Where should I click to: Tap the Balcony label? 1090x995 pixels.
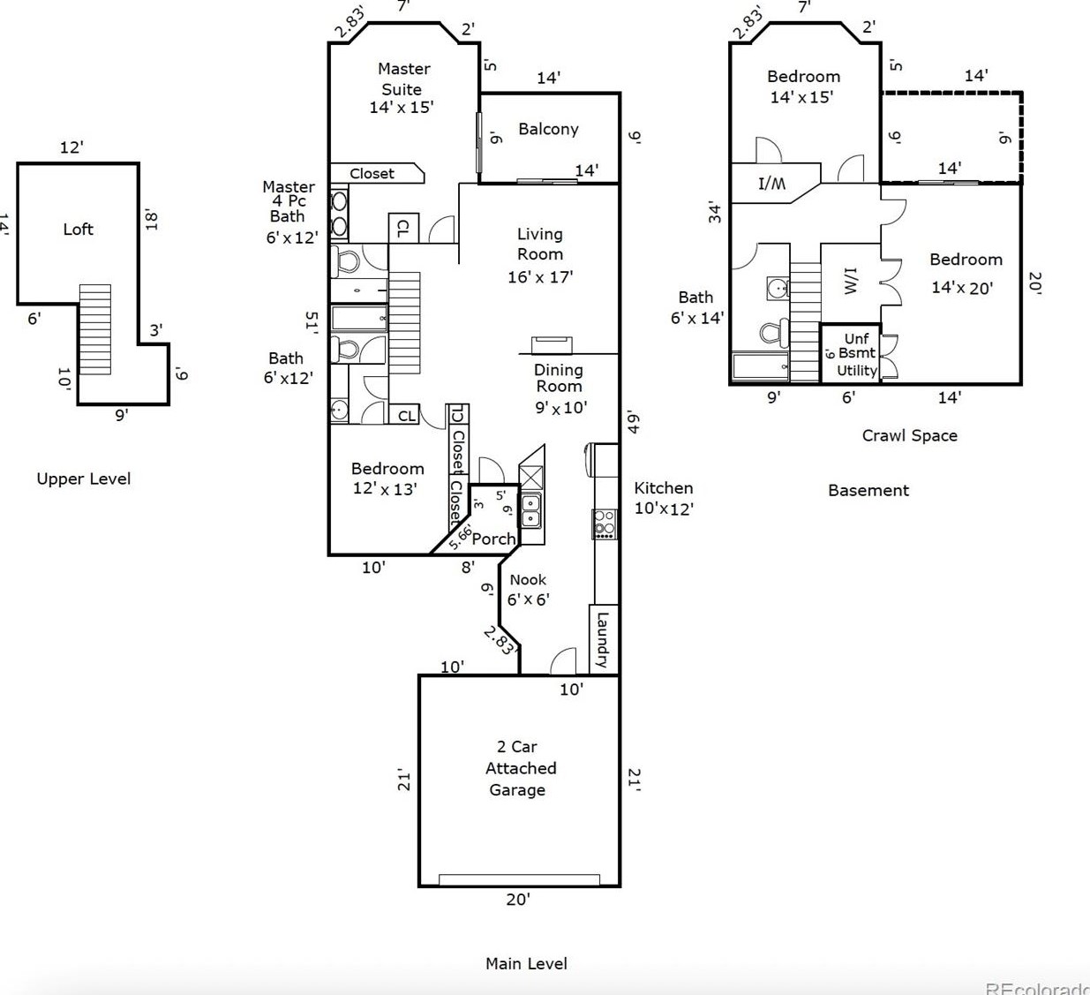tap(548, 129)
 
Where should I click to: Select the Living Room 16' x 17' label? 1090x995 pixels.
tap(540, 255)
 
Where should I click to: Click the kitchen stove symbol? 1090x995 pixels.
tap(605, 524)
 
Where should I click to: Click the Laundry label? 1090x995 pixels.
tap(603, 639)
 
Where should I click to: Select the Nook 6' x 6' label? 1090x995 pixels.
tap(528, 589)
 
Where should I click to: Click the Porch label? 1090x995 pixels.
tap(493, 539)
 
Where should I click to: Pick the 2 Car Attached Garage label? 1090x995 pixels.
tap(519, 768)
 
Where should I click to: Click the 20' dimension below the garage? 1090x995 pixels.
tap(518, 899)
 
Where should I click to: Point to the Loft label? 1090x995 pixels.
tap(78, 230)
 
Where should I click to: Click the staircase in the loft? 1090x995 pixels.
tap(95, 328)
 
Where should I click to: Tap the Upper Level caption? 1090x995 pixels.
tap(84, 479)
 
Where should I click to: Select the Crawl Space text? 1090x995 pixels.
tap(909, 435)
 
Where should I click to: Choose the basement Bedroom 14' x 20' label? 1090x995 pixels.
tap(965, 273)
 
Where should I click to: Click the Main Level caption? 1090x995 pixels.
tap(526, 963)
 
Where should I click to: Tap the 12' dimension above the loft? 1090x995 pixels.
tap(71, 147)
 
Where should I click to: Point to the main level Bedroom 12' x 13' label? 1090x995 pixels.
tap(387, 479)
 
